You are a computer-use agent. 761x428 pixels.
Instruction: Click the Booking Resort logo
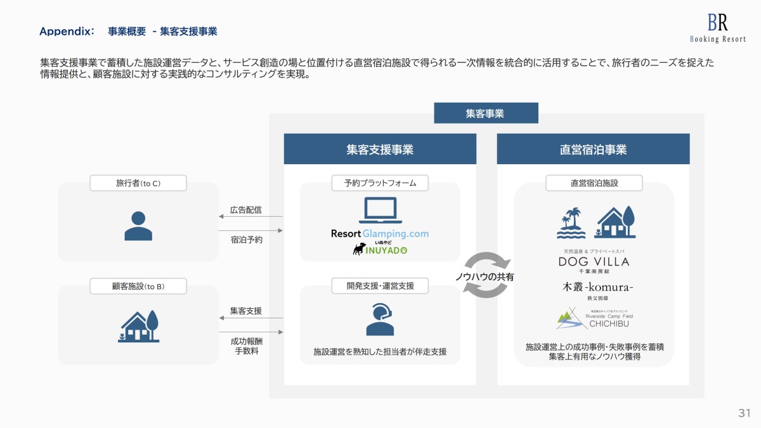click(x=718, y=29)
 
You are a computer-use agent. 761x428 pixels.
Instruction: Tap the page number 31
click(x=744, y=413)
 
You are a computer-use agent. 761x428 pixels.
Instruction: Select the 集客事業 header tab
click(x=486, y=113)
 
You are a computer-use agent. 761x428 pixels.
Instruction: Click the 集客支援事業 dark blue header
click(x=379, y=150)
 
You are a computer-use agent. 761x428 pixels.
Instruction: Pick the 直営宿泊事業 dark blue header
click(x=593, y=150)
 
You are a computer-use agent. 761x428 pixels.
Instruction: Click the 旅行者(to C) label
click(x=138, y=183)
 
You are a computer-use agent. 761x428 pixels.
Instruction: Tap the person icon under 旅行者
click(x=138, y=225)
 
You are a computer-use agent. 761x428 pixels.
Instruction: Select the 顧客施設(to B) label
click(x=138, y=287)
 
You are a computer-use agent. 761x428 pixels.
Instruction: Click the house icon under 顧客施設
click(x=138, y=327)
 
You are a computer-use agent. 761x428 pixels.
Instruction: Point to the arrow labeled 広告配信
click(x=250, y=217)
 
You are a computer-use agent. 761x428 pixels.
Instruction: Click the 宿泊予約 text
click(x=246, y=240)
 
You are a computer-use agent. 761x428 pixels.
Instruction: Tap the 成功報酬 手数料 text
click(x=246, y=346)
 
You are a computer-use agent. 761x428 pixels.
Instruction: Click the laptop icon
click(x=380, y=211)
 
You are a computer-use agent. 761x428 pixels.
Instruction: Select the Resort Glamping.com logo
click(x=380, y=233)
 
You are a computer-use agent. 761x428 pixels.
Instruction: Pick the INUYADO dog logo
click(x=380, y=249)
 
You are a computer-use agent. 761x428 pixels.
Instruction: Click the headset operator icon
click(x=380, y=319)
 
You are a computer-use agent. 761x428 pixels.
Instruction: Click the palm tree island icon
click(x=571, y=223)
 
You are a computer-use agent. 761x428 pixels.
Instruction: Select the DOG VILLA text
click(x=593, y=261)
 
